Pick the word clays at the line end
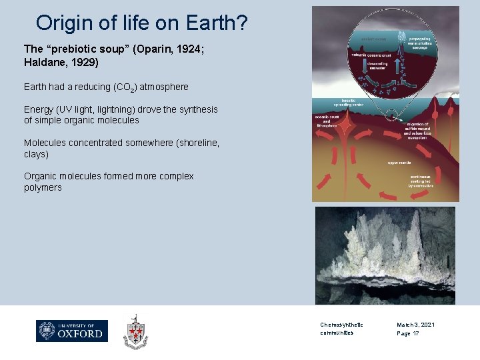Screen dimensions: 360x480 [37, 154]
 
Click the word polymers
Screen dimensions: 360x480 [43, 187]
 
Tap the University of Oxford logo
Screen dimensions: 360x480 [72, 331]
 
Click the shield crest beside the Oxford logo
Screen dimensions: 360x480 [135, 331]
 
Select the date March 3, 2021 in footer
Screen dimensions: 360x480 [415, 325]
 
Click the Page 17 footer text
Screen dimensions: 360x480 [408, 333]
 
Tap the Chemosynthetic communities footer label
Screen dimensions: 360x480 [341, 329]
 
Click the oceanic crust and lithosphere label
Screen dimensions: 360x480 [326, 121]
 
